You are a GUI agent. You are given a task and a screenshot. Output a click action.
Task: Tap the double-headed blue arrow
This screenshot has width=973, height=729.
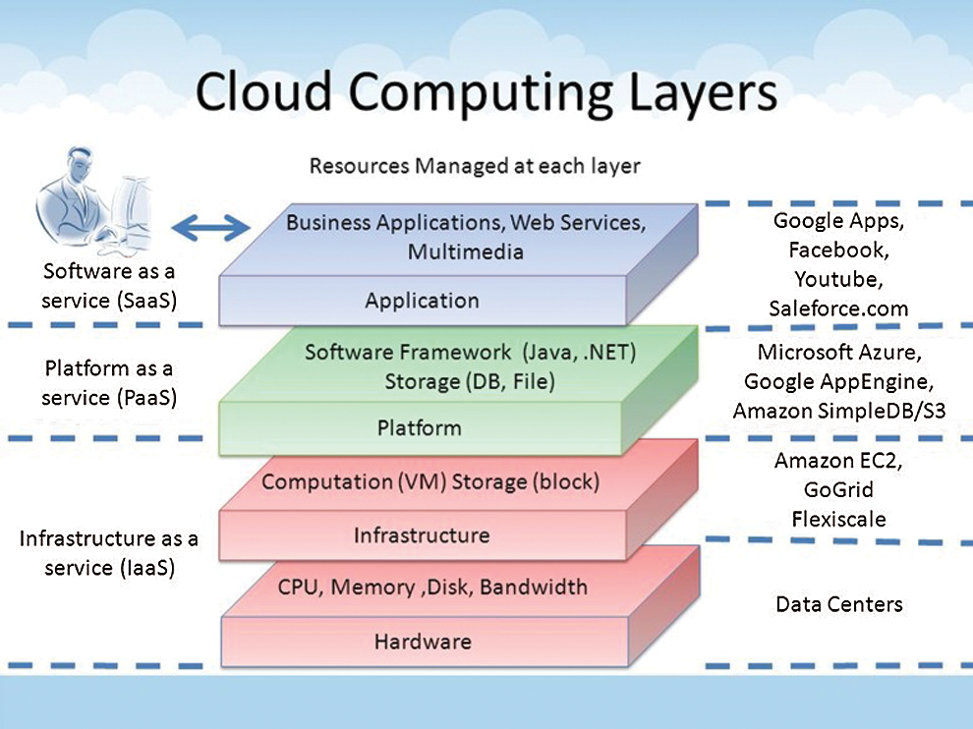click(210, 229)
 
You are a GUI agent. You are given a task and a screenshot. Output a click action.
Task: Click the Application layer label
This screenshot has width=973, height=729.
click(422, 301)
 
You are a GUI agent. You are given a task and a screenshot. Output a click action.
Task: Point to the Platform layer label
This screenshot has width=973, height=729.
click(419, 427)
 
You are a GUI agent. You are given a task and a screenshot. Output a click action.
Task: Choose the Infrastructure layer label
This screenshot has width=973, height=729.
click(421, 535)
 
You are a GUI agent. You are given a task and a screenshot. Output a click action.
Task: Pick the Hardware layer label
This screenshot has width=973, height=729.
click(423, 643)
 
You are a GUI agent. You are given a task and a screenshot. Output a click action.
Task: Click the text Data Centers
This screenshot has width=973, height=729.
click(838, 603)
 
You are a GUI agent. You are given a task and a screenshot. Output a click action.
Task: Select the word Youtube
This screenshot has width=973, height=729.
click(837, 279)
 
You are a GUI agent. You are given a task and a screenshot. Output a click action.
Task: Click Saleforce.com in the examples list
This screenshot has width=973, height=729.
click(838, 308)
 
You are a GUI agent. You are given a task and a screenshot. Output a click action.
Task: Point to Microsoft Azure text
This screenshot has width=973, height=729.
click(838, 352)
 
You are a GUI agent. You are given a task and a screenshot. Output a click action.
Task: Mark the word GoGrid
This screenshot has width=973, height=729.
click(837, 489)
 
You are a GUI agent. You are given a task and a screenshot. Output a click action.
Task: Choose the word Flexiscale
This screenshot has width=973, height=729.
click(837, 518)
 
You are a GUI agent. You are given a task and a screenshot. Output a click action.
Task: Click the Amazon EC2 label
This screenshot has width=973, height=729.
click(837, 460)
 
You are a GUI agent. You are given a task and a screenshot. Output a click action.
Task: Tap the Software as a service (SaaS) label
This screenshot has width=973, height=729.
click(108, 286)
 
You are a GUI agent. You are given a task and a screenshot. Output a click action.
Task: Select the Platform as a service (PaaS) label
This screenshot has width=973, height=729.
click(108, 384)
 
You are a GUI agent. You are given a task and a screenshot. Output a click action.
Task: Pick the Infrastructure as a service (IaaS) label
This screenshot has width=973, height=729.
click(108, 553)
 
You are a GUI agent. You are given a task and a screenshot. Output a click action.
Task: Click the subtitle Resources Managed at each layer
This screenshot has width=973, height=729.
click(475, 165)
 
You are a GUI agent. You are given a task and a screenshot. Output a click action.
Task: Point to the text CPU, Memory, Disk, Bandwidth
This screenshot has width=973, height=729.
click(432, 588)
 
